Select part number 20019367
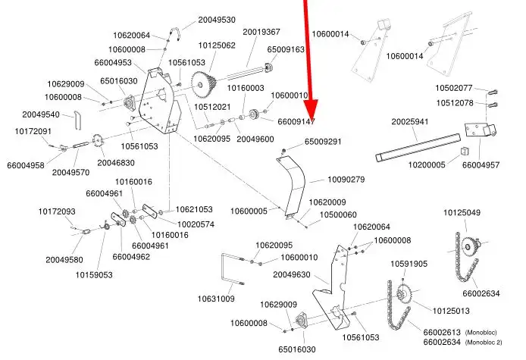pos(261,32)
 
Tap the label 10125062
pos(217,45)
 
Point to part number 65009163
pos(286,49)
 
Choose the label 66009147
pos(296,121)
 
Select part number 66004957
pos(481,164)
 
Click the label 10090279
pos(346,180)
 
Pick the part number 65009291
pos(323,142)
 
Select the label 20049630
pos(292,274)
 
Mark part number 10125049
pos(462,212)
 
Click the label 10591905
pos(409,264)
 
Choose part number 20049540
pos(41,114)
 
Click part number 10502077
pos(454,88)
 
